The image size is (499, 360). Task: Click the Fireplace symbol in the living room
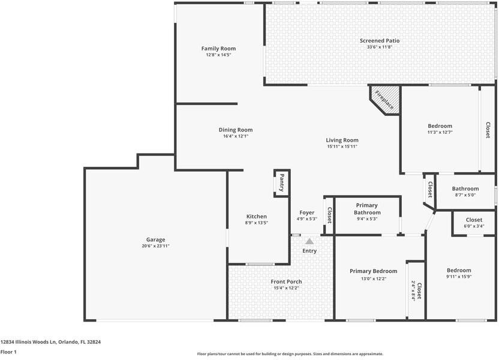point(384,98)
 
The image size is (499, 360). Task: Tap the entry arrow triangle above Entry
point(309,241)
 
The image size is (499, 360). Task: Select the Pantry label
point(281,184)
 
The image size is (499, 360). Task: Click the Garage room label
point(155,239)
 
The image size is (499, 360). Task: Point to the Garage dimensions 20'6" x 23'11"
point(155,246)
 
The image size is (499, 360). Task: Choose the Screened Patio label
point(379,41)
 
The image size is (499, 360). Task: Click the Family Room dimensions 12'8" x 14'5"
point(218,55)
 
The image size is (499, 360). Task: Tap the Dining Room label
point(235,130)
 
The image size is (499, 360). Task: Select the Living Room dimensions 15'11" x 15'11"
point(342,146)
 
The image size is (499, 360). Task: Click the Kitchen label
point(257,217)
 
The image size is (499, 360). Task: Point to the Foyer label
point(306,212)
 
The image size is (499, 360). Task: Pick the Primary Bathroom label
point(366,209)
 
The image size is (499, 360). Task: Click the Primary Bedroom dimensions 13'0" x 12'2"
point(373,278)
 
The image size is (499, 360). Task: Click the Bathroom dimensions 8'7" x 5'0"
point(465,195)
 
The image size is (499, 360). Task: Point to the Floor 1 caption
point(8,352)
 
